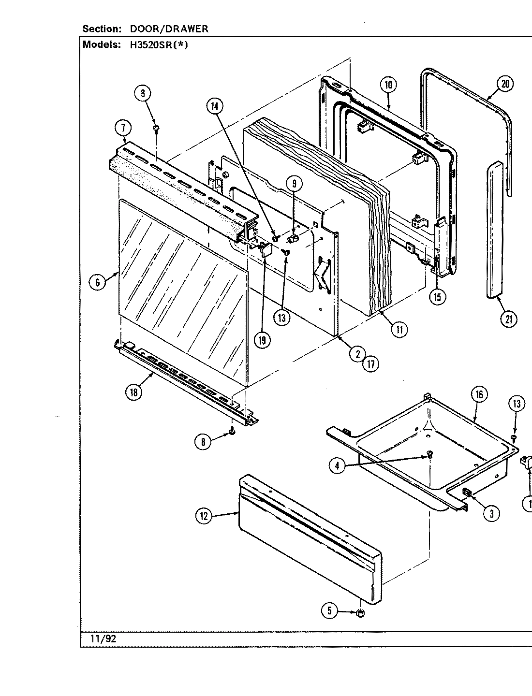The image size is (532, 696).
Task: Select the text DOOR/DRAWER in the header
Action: click(169, 29)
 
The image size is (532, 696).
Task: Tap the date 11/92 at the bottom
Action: click(103, 638)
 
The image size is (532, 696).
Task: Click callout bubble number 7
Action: click(123, 128)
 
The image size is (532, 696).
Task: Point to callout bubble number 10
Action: click(388, 85)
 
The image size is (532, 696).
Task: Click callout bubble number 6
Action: click(98, 282)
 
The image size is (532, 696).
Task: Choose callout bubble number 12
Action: click(204, 517)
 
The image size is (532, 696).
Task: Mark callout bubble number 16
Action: click(478, 394)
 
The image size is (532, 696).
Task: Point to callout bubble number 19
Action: click(262, 340)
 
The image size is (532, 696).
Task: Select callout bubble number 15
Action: click(437, 297)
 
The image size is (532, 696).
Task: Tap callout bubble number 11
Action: click(399, 330)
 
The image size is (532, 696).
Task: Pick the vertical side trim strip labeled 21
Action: click(493, 232)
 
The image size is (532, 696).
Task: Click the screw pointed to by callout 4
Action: click(429, 454)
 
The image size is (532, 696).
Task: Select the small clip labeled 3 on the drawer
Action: click(467, 493)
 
